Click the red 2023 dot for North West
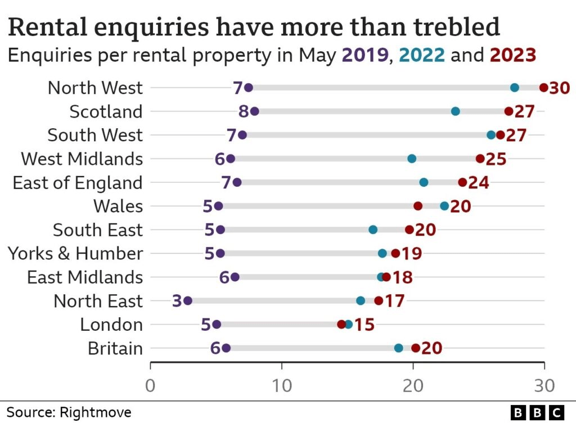coord(543,87)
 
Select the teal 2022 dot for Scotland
coord(456,111)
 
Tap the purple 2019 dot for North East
coord(188,301)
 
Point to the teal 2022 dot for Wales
coord(444,206)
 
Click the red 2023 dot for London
coord(341,325)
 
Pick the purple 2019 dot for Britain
coord(226,348)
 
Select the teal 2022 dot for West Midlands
coord(412,159)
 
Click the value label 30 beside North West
coord(560,88)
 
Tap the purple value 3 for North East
coord(177,301)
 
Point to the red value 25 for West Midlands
coord(496,159)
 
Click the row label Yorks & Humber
coord(75,254)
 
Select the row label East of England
coord(78,183)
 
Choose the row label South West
coord(95,135)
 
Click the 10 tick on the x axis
coord(282,386)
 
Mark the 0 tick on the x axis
coord(150,386)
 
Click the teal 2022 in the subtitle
coord(422,55)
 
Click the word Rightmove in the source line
coord(98,412)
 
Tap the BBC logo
coord(537,412)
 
